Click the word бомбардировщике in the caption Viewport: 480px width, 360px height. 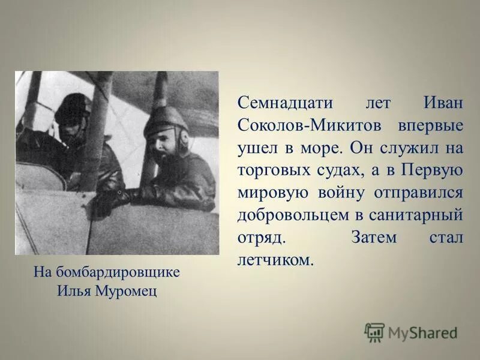pyautogui.click(x=118, y=272)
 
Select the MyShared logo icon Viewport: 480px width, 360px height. pyautogui.click(x=374, y=332)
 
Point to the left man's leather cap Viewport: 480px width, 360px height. pyautogui.click(x=72, y=105)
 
